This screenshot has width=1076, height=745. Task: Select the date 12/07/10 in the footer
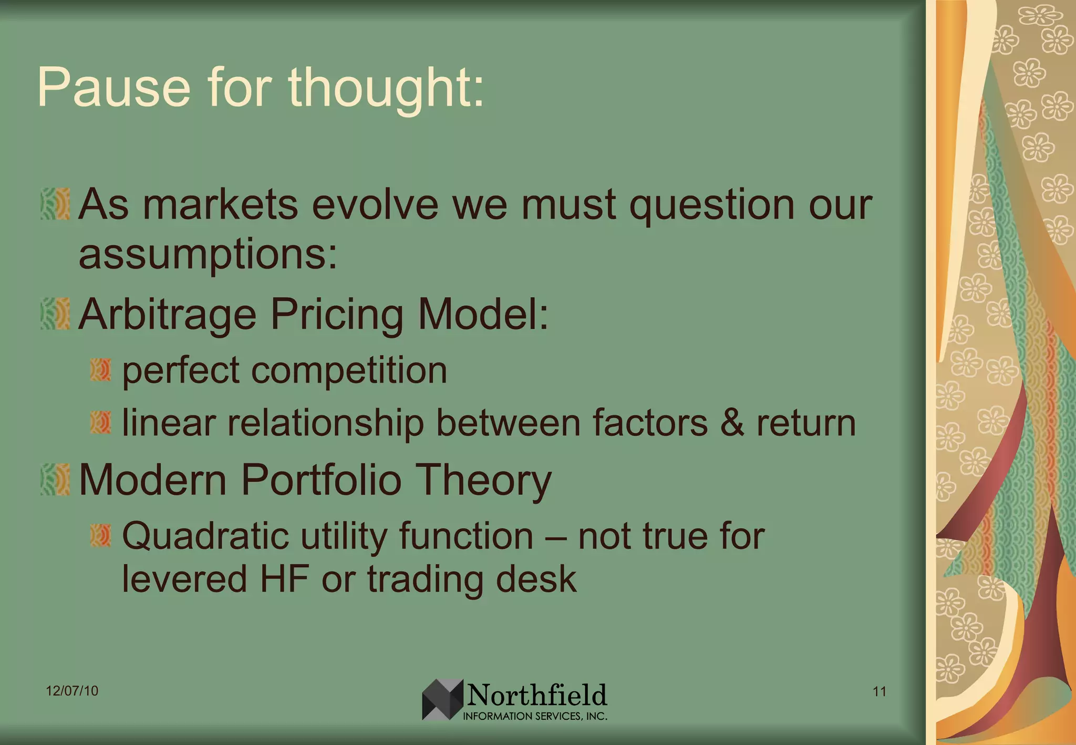(72, 690)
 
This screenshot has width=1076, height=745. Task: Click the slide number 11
(880, 691)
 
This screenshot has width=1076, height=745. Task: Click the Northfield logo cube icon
(442, 699)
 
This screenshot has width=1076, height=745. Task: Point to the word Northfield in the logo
(537, 695)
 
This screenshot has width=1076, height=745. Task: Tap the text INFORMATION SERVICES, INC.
(535, 716)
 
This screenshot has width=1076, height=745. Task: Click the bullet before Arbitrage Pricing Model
(55, 314)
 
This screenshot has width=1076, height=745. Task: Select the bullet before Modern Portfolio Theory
(55, 479)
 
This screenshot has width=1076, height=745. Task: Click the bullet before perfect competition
(100, 370)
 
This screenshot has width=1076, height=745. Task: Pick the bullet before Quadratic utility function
(100, 535)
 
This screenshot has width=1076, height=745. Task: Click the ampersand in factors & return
(732, 422)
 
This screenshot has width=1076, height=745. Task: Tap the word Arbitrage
(167, 315)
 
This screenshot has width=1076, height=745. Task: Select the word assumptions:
(208, 255)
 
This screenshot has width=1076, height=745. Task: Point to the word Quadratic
(205, 536)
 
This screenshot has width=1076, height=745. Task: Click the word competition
(349, 371)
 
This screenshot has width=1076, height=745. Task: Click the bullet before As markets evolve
(55, 204)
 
